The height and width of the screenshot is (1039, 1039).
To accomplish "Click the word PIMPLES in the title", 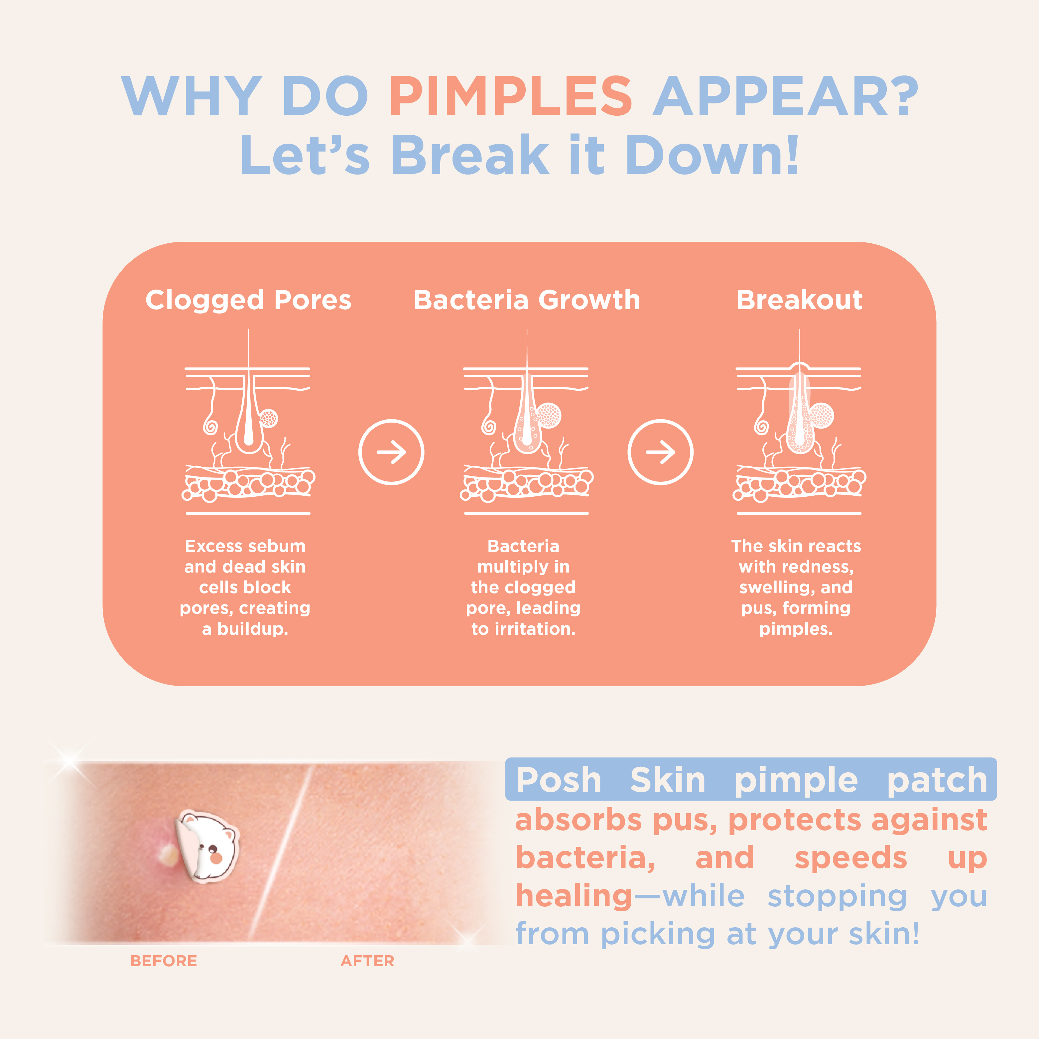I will tap(510, 97).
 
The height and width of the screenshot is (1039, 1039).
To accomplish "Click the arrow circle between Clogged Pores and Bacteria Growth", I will tap(391, 452).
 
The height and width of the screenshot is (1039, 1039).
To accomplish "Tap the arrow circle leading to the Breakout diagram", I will tap(660, 452).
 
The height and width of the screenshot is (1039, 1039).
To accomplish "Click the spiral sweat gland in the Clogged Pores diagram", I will tap(210, 427).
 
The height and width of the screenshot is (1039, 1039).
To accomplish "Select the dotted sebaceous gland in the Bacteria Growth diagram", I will tap(549, 416).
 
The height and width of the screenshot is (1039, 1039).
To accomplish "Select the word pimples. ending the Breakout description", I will tap(796, 629).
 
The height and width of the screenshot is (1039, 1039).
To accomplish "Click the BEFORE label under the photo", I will tap(164, 961).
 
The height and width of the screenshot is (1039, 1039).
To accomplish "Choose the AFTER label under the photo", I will tap(367, 961).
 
